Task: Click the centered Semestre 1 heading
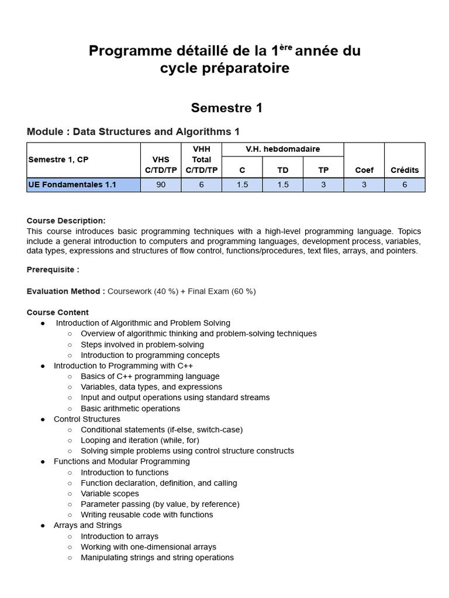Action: click(226, 108)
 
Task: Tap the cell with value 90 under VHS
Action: click(161, 185)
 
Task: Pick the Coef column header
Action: click(364, 170)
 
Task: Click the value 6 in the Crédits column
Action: click(404, 185)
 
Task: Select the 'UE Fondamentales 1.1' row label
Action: click(72, 185)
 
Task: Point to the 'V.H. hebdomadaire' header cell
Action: click(283, 149)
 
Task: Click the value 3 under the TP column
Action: click(323, 185)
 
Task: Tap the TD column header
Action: click(283, 170)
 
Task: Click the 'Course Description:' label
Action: click(66, 221)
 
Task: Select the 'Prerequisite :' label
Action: click(53, 270)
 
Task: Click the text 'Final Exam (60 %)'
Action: click(222, 291)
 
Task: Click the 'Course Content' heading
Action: click(58, 312)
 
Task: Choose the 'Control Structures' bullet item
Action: click(87, 419)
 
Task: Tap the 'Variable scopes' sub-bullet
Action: click(110, 493)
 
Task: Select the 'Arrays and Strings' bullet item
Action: click(88, 526)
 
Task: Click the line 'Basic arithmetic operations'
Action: click(130, 409)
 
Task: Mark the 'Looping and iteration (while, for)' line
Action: click(143, 440)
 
